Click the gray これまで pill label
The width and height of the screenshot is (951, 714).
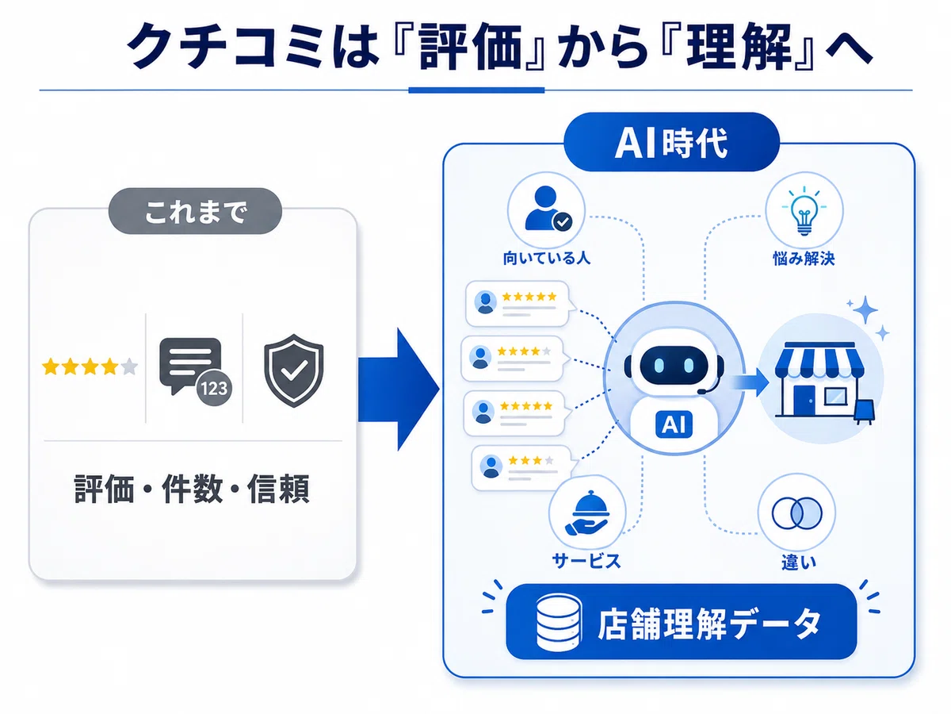coord(195,211)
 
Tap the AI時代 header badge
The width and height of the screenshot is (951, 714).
coord(671,142)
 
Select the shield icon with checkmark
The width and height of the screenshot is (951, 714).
coord(294,370)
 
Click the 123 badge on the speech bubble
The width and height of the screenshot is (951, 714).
coord(214,388)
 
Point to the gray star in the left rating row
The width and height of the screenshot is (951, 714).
coord(129,367)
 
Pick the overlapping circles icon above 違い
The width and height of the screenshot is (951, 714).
coord(796,512)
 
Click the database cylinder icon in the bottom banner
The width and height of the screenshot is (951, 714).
coord(559,623)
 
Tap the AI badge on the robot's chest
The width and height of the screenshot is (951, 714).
coord(674,424)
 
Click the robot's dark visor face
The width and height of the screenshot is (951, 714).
coord(674,365)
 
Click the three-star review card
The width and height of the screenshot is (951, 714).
coord(523,468)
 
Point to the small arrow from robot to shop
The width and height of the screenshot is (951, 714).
coord(749,382)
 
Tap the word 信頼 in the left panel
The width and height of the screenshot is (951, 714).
coord(279,489)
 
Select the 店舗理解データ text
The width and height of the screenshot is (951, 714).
coord(709,624)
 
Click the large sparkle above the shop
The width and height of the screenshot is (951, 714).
coord(865,309)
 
